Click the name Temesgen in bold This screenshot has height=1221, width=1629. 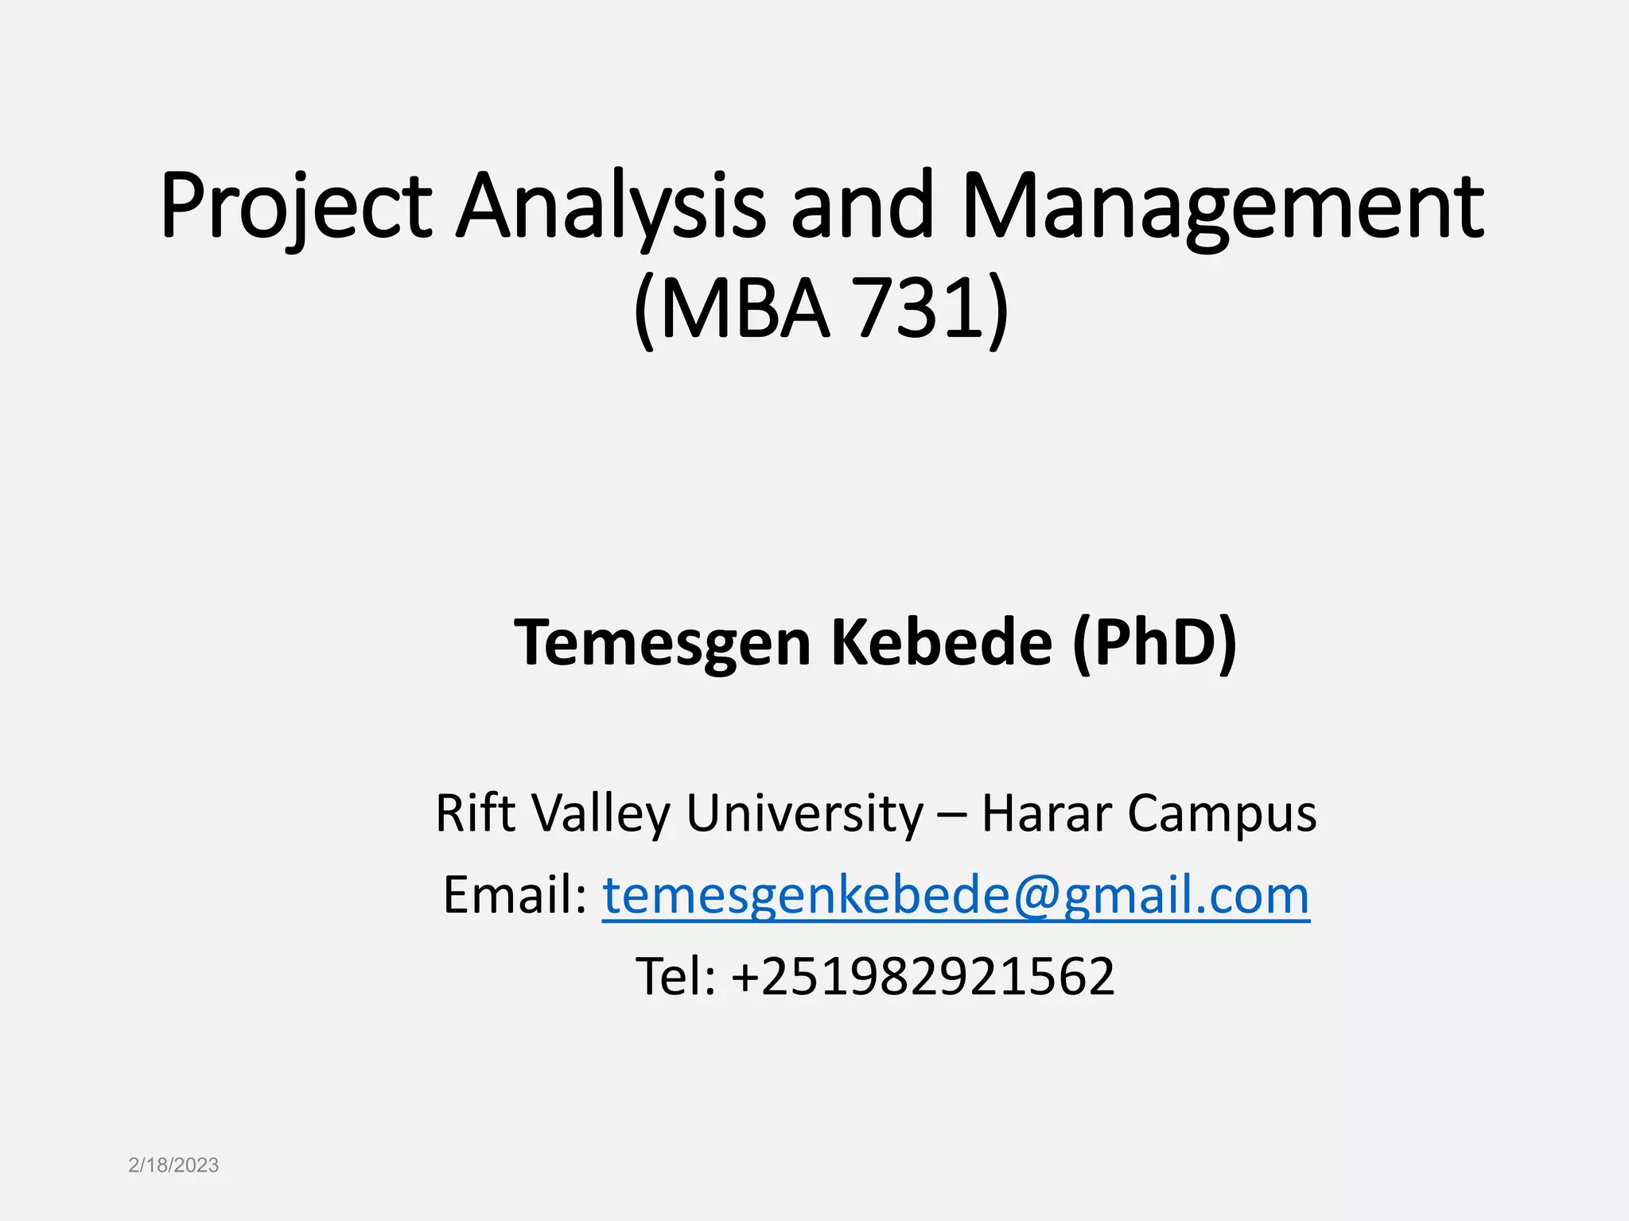click(x=662, y=642)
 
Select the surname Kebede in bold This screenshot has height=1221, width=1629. click(x=942, y=642)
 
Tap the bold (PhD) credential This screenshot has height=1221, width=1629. click(x=1154, y=642)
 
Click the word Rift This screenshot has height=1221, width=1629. click(x=475, y=812)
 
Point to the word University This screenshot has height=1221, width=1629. click(x=804, y=812)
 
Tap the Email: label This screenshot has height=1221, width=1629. click(x=515, y=895)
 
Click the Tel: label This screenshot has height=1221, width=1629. click(x=675, y=976)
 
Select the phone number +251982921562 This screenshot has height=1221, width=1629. click(x=923, y=976)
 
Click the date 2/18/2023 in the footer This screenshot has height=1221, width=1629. click(x=173, y=1165)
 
